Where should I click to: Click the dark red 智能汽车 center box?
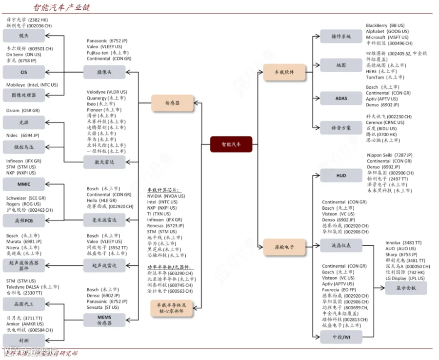(x=231, y=144)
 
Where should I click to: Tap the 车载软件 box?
(x=284, y=72)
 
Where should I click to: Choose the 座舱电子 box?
(x=284, y=246)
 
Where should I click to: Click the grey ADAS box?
(x=341, y=99)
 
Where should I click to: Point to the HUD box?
(x=341, y=176)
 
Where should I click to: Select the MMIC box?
(x=24, y=184)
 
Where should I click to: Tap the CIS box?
(x=24, y=72)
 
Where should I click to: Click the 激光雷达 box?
(x=104, y=163)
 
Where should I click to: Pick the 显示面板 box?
(x=405, y=288)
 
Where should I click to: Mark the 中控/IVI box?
(x=341, y=337)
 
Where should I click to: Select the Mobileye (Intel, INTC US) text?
(x=32, y=85)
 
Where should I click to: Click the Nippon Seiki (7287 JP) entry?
(x=389, y=155)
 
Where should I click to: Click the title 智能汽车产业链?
(x=61, y=7)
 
